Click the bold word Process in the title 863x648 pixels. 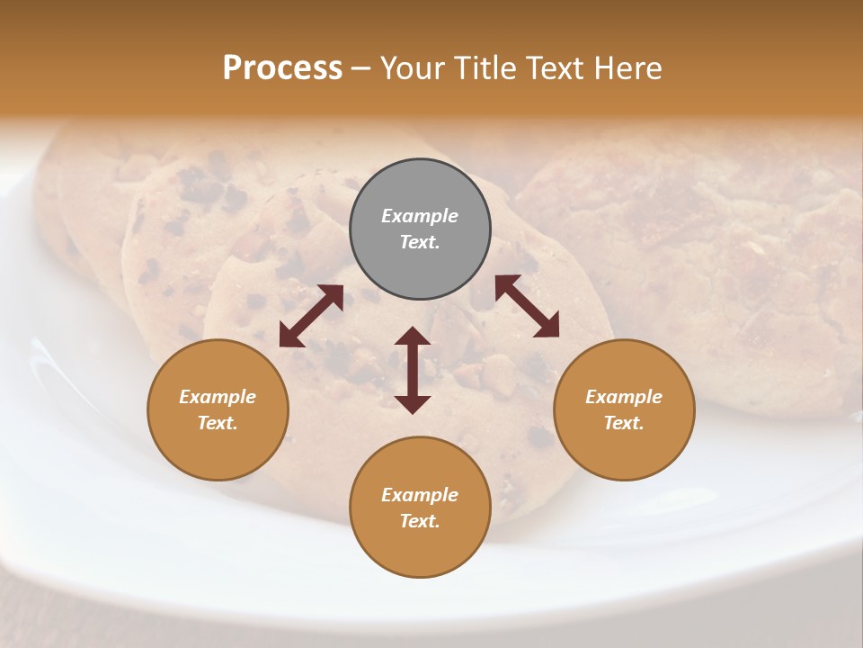click(282, 68)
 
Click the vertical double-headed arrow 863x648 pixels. click(413, 371)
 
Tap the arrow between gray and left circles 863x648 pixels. click(311, 316)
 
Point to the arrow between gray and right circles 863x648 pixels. click(527, 306)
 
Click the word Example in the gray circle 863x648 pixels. click(420, 216)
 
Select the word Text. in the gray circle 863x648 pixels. click(420, 242)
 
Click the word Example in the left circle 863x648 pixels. click(218, 397)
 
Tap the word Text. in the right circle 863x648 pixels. click(624, 423)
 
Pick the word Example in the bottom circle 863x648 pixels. click(420, 495)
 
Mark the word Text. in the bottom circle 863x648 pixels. click(420, 521)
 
